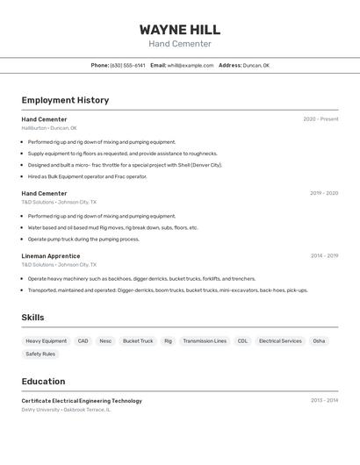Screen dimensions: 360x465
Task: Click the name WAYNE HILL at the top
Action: tap(179, 30)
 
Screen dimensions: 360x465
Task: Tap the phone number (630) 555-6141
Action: tap(128, 65)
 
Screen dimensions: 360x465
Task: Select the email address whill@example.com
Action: tap(191, 65)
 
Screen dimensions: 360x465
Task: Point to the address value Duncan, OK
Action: tap(256, 65)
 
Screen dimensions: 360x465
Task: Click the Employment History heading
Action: tap(65, 100)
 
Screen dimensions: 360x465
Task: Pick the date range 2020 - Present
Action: tap(320, 119)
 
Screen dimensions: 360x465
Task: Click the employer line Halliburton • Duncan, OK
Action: tap(49, 128)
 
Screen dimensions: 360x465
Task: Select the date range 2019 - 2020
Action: tap(324, 193)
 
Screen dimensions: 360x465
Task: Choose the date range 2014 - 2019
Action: tap(324, 256)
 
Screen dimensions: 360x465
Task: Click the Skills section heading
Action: tap(32, 318)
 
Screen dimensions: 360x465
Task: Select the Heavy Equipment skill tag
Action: tap(46, 341)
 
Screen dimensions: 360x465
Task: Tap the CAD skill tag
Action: tap(83, 341)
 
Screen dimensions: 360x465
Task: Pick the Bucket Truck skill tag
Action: tap(138, 341)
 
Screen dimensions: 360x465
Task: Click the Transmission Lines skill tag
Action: tap(205, 341)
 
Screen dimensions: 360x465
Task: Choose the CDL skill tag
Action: tap(242, 341)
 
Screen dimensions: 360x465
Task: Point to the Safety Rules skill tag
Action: tap(40, 354)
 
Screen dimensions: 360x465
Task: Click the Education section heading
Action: tap(43, 382)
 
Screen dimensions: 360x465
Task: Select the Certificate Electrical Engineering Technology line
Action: tap(82, 401)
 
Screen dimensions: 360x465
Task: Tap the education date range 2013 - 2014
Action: tap(324, 401)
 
